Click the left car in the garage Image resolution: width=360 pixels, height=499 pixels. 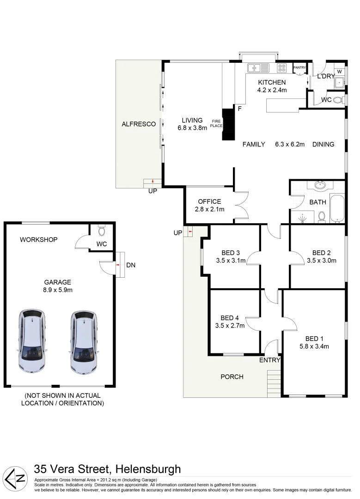point(31,341)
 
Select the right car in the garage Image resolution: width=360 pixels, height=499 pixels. point(85,341)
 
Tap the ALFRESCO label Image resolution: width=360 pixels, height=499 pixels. point(138,124)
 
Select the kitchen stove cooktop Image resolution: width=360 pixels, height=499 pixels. point(282,68)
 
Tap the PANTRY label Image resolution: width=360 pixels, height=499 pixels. point(300,68)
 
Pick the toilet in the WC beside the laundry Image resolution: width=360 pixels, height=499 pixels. point(338,100)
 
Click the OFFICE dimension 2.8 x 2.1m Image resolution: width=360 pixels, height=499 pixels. point(209,209)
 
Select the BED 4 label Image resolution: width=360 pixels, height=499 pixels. point(230,318)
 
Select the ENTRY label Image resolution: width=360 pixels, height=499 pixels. point(270,360)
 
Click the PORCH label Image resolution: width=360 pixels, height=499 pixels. point(232,377)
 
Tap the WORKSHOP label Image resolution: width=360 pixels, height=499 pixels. point(38,239)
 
